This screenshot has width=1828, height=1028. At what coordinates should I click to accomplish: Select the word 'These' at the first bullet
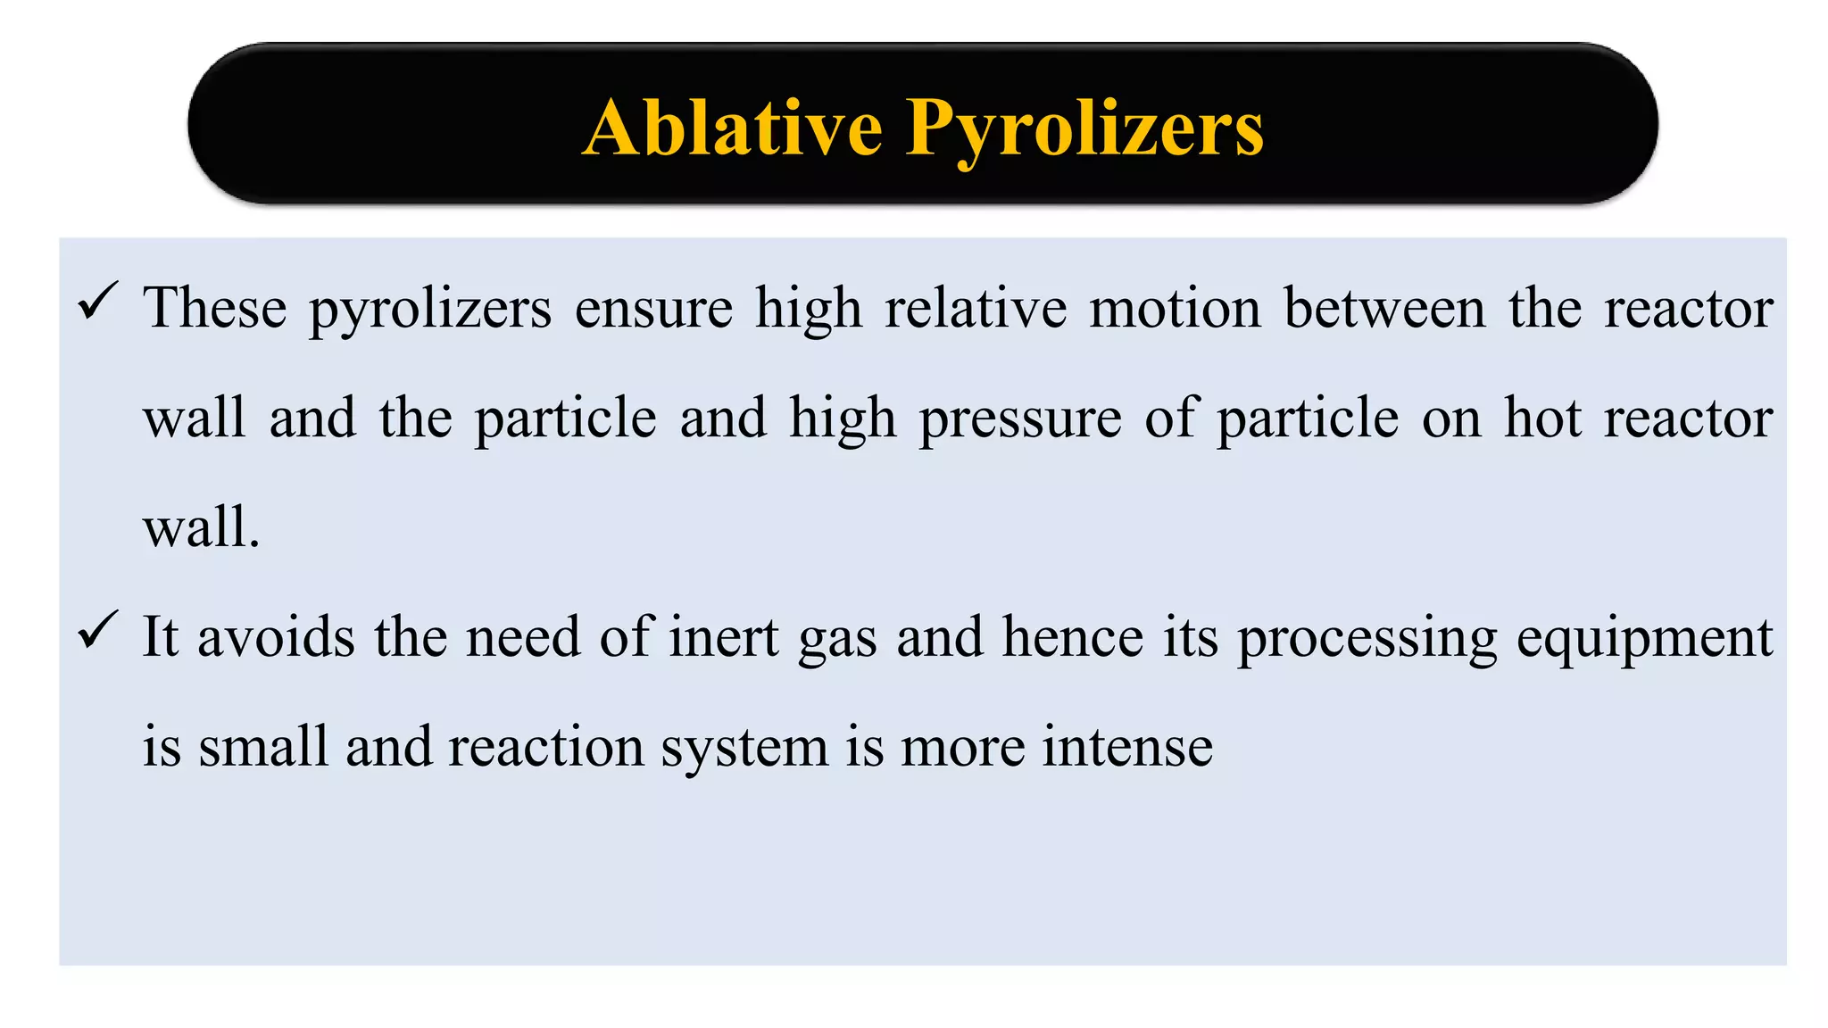click(x=215, y=308)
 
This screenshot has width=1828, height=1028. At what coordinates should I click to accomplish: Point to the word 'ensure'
click(x=653, y=308)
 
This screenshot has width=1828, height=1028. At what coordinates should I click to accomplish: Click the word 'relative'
click(x=976, y=308)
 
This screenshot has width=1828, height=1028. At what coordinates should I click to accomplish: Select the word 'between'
click(x=1384, y=308)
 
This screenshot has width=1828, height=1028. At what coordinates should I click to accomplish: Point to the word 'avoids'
click(x=276, y=637)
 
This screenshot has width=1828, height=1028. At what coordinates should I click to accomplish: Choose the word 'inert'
click(x=724, y=637)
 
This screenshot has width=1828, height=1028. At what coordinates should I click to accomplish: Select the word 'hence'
click(x=1073, y=637)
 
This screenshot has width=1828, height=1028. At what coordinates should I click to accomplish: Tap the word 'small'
click(x=263, y=747)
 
